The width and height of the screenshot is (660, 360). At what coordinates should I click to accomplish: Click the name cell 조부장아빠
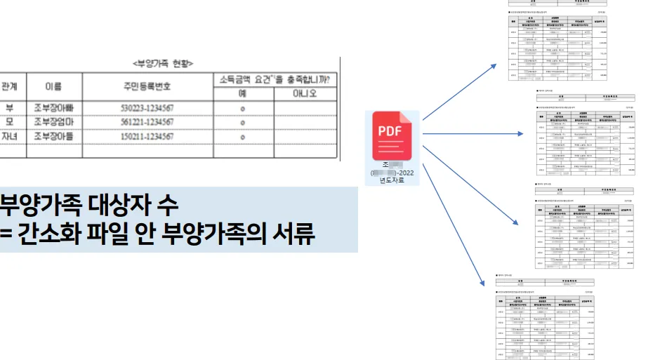click(x=53, y=108)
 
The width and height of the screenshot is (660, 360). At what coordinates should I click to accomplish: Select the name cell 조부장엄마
click(x=53, y=122)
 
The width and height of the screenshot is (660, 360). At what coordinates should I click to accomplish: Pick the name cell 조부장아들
click(x=53, y=136)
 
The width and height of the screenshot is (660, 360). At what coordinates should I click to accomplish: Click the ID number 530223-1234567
click(x=147, y=108)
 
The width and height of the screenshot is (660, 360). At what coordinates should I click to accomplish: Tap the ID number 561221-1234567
click(x=147, y=122)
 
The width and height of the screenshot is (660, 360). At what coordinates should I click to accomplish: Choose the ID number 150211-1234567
click(x=147, y=136)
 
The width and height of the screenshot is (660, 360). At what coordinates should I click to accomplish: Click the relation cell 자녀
click(x=10, y=136)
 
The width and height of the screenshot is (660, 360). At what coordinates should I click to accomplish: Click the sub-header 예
click(x=242, y=93)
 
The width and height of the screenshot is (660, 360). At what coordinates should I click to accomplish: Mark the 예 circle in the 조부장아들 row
click(x=242, y=137)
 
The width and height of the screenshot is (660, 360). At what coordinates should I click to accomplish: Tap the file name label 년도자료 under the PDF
click(x=392, y=180)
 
